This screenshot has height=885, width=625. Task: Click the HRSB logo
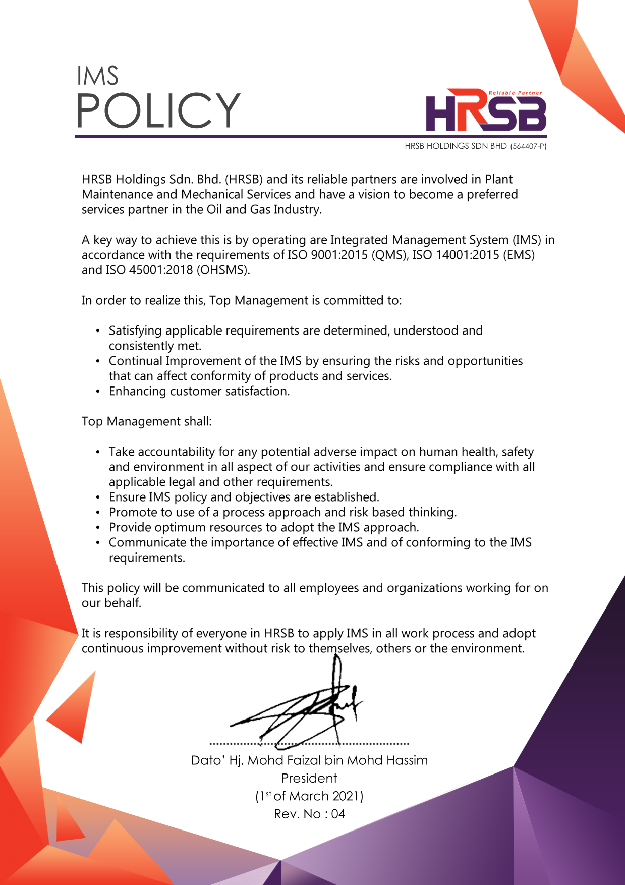click(486, 112)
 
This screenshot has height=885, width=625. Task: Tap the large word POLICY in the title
click(158, 110)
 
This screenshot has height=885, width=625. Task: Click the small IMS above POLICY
click(97, 76)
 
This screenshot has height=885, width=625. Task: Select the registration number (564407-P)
click(528, 146)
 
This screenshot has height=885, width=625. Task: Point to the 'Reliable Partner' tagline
click(515, 93)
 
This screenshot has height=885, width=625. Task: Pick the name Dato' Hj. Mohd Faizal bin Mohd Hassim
click(309, 760)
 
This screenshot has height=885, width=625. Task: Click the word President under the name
click(309, 778)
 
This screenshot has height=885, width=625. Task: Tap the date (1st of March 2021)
click(309, 796)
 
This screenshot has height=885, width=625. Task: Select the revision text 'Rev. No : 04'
click(309, 814)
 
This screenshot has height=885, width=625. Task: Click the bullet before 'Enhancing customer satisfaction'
click(98, 392)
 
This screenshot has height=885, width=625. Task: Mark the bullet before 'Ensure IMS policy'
click(98, 497)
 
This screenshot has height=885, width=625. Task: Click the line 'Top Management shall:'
click(147, 421)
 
